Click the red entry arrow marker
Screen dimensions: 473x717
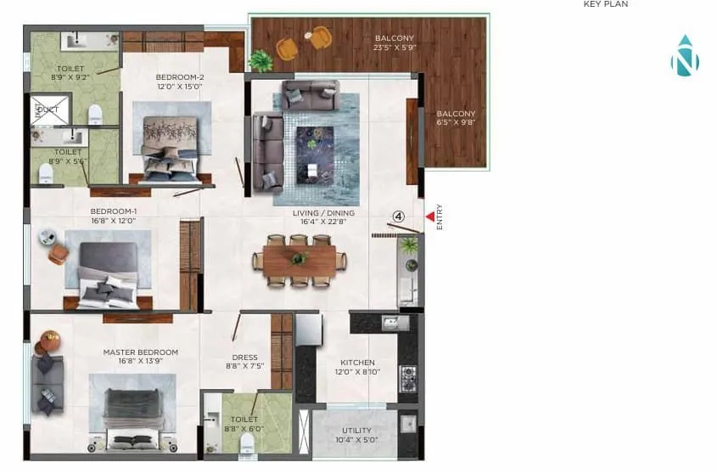click(x=429, y=217)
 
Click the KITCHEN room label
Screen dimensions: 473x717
click(x=357, y=363)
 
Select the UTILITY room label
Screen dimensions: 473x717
click(x=356, y=431)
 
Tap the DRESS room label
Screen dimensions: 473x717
click(x=244, y=358)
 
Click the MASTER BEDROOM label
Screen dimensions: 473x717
click(x=141, y=352)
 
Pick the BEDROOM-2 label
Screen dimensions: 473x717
click(x=180, y=76)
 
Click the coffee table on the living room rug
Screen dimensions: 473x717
click(x=316, y=137)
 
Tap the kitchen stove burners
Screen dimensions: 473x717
click(x=407, y=378)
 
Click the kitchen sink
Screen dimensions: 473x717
click(x=393, y=323)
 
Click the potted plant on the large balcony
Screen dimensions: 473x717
click(x=261, y=60)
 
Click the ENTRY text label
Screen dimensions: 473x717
click(x=440, y=217)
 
